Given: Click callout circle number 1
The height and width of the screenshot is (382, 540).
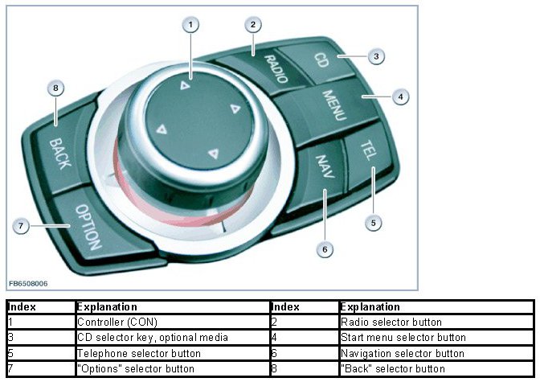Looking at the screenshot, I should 190,25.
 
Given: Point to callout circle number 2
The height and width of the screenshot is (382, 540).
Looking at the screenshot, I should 252,25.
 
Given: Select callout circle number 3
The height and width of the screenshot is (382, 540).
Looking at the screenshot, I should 374,56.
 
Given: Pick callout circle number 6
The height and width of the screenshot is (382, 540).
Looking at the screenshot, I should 325,249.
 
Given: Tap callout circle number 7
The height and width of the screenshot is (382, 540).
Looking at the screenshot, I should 22,226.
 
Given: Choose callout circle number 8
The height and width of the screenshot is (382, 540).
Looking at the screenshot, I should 55,88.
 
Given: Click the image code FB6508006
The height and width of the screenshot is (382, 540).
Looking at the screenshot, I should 28,284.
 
